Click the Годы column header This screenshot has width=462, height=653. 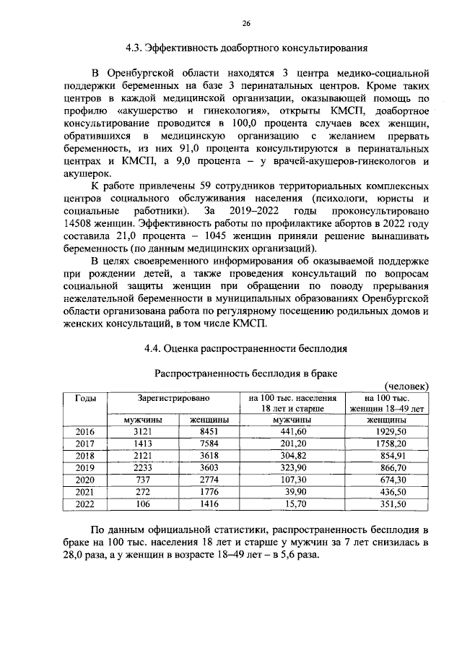click(85, 398)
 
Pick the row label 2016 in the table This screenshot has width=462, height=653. click(85, 431)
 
